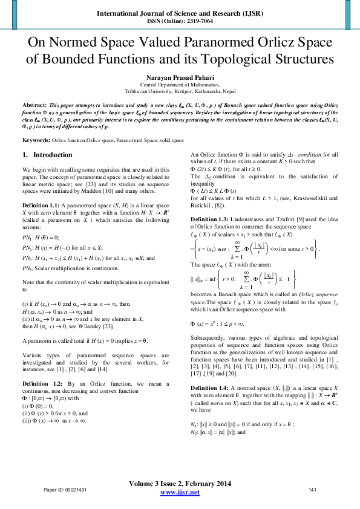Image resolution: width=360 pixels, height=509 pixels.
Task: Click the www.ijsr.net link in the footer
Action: [180, 493]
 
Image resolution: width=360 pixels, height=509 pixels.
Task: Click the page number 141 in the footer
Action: [313, 489]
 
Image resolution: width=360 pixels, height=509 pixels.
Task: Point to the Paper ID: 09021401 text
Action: [65, 489]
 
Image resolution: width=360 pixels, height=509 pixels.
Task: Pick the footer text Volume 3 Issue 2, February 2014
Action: [180, 484]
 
